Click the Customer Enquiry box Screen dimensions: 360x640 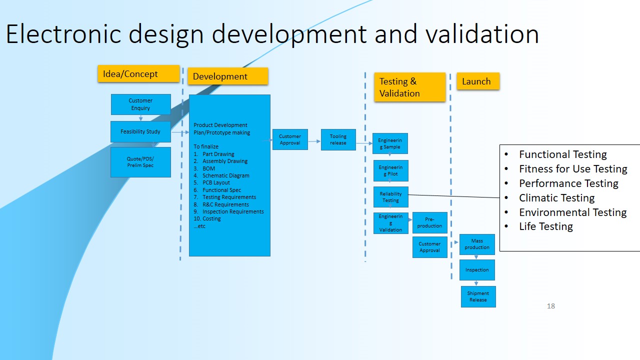point(140,104)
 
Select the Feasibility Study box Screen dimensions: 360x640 point(140,131)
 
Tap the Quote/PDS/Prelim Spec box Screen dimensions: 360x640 point(140,162)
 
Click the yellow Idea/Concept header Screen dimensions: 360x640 point(138,74)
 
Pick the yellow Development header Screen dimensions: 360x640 point(227,76)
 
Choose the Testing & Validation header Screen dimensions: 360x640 point(409,87)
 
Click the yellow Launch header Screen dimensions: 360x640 point(477,81)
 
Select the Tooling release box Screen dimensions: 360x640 point(338,139)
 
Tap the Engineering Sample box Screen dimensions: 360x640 point(390,143)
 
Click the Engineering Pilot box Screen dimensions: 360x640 point(390,170)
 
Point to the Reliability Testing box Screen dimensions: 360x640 point(390,197)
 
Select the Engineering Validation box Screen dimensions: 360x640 point(390,223)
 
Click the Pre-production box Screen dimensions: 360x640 point(429,223)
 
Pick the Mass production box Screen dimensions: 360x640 point(477,244)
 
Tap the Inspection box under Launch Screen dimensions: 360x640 point(477,270)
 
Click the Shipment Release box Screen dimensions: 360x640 point(478,296)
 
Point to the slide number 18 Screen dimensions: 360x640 point(551,306)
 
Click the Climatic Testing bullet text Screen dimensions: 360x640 point(556,198)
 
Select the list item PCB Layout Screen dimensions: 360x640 point(215,183)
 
